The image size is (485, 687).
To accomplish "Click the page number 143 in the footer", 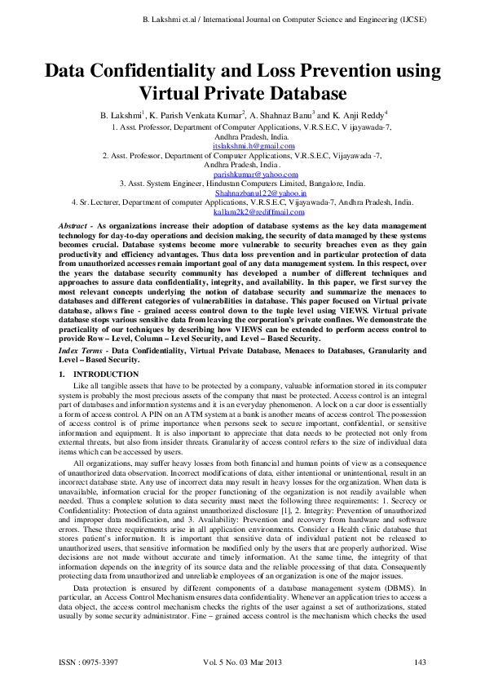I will pos(421,661).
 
